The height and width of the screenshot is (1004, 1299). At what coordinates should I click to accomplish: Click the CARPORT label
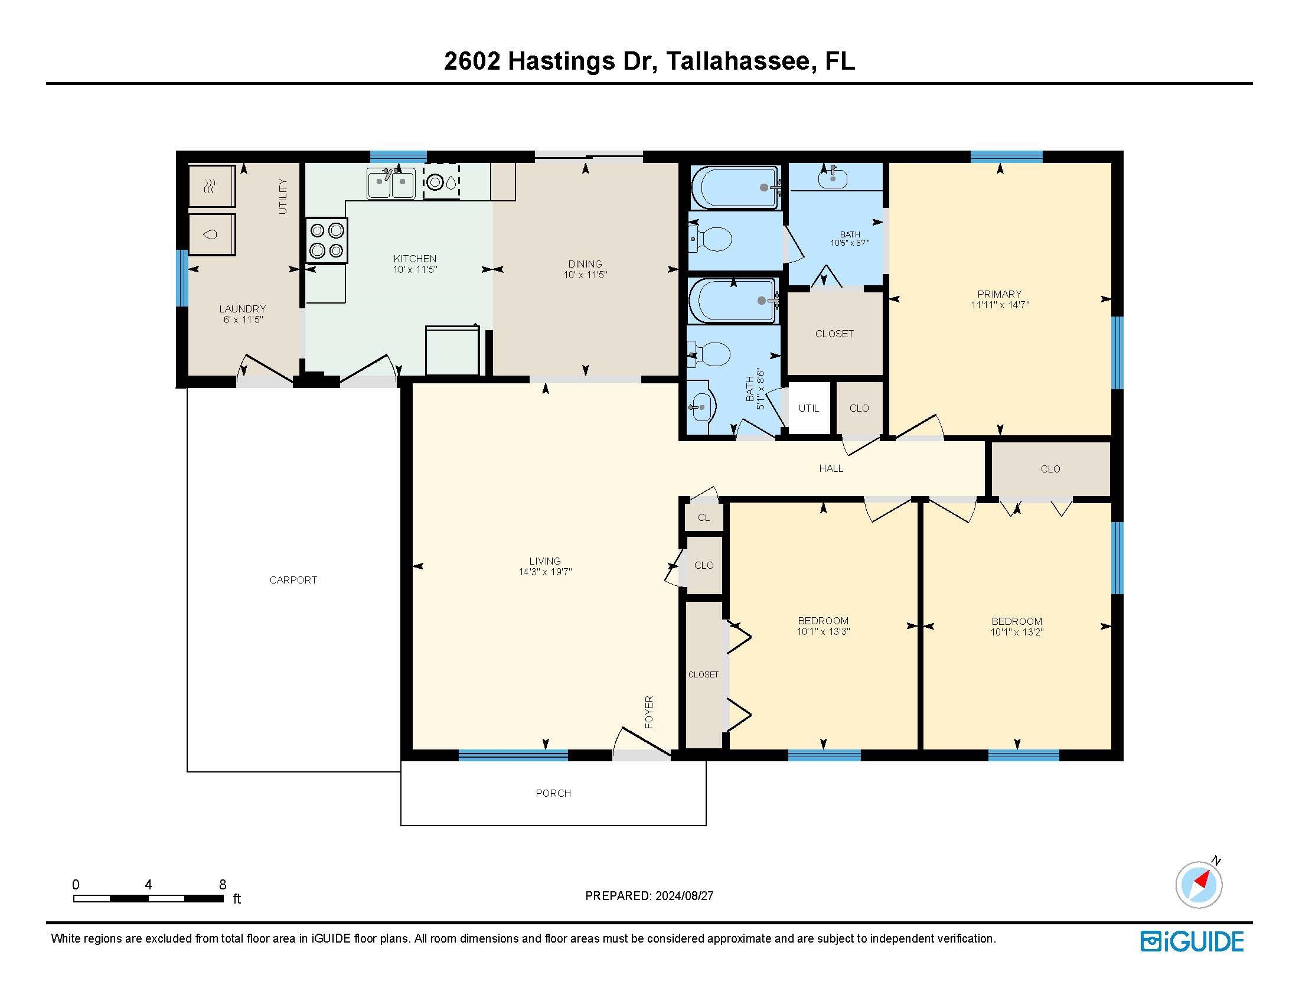tap(293, 580)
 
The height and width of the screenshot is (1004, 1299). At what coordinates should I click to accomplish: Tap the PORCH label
tap(553, 793)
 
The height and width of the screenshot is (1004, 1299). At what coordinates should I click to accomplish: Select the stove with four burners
tap(327, 240)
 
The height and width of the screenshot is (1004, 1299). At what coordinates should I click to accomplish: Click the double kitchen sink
tap(391, 183)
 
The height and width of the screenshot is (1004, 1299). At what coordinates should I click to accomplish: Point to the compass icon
tap(1199, 885)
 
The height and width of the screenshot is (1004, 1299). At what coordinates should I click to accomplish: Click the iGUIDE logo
tap(1192, 941)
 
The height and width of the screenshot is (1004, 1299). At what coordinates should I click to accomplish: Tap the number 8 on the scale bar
tap(223, 885)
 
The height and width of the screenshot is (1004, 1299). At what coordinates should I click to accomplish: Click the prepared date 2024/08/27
tap(684, 896)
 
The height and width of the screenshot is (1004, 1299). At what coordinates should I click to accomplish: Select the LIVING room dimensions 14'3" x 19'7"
tap(545, 572)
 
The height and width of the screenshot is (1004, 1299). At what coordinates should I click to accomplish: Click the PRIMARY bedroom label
tap(999, 294)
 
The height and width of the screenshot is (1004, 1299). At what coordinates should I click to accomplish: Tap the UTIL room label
tap(809, 408)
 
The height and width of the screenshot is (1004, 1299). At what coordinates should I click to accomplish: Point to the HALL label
tap(831, 469)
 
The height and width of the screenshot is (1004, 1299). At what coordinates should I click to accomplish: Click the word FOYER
tap(649, 712)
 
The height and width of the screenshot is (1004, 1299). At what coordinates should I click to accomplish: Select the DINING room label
tap(585, 263)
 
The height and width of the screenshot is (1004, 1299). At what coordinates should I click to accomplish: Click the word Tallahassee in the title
tap(737, 61)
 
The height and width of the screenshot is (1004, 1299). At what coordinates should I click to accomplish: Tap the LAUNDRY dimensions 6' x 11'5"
tap(243, 320)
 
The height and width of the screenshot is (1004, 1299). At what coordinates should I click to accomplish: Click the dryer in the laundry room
tap(213, 186)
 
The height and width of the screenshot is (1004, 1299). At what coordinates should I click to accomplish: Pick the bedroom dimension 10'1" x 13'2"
tap(1017, 632)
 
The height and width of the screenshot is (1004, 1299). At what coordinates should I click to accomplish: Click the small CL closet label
tap(704, 517)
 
